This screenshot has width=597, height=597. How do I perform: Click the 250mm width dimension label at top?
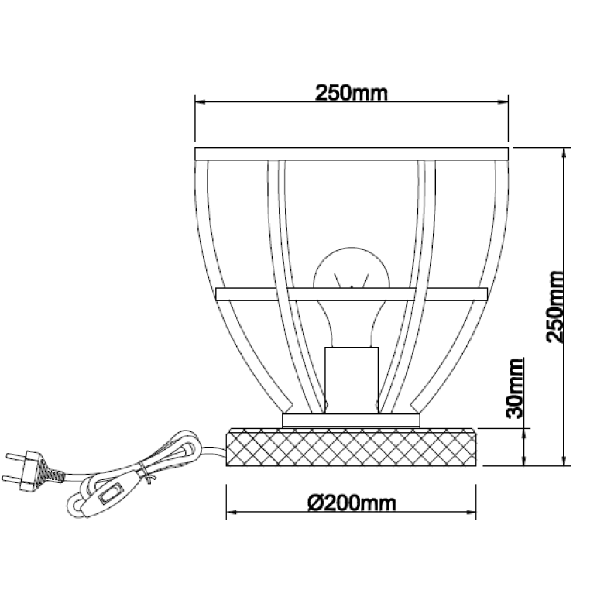(x=351, y=93)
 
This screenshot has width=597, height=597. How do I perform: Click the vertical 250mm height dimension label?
(x=554, y=307)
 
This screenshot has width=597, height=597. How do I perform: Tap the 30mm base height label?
(x=515, y=389)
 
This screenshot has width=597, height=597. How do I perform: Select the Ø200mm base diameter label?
(x=352, y=503)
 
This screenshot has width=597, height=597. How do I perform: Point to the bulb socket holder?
(x=352, y=380)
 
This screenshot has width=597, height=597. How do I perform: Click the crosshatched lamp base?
(x=351, y=447)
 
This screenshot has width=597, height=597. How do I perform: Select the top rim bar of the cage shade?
(x=352, y=153)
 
